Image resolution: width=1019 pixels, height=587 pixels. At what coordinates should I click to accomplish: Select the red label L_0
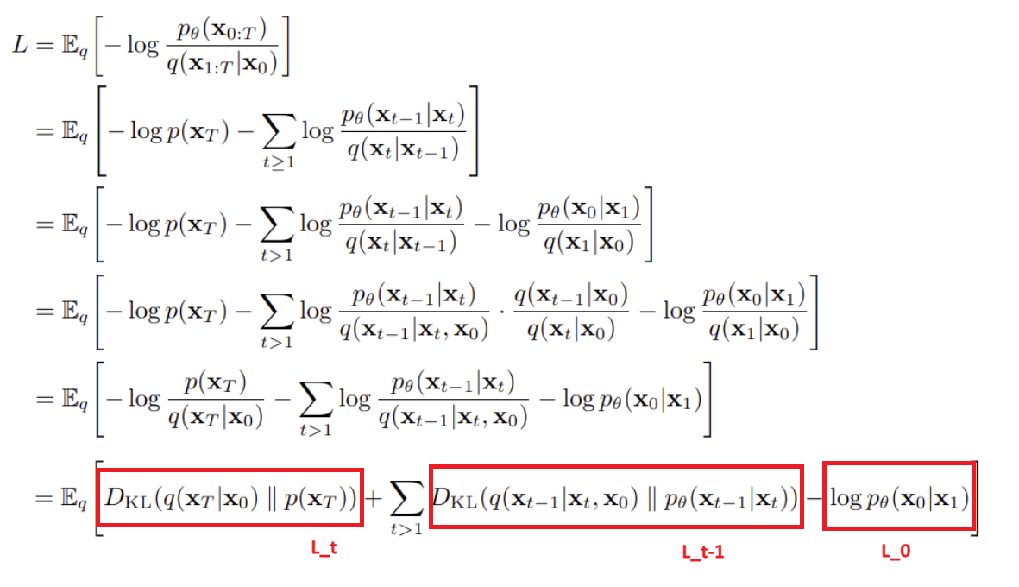896,549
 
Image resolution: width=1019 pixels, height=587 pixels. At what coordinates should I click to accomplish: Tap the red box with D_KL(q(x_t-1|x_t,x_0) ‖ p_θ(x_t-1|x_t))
616,498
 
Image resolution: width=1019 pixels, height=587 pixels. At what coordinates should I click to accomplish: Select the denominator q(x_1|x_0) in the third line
588,243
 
